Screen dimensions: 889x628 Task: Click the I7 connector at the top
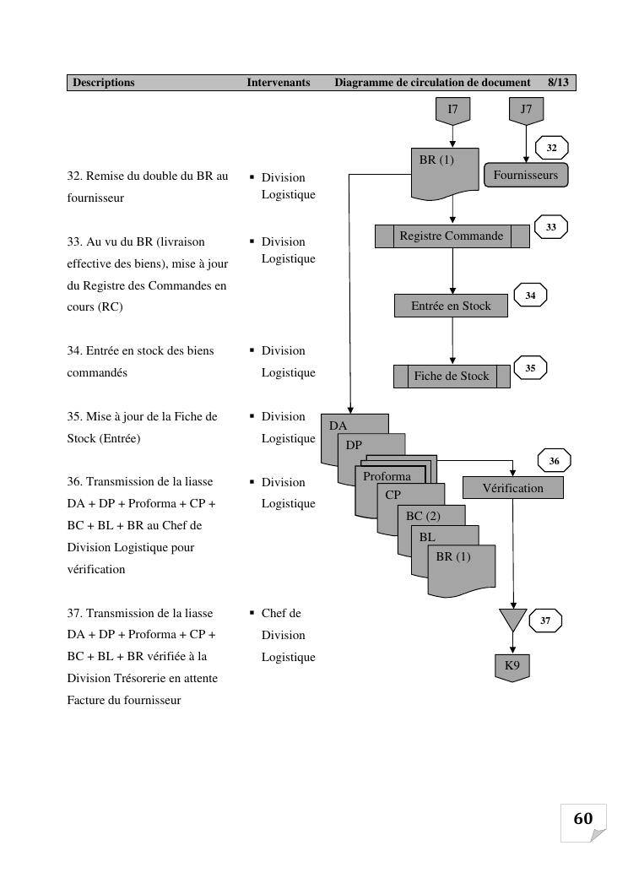point(452,110)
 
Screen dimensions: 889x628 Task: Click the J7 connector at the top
point(526,110)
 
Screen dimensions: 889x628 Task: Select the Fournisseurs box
point(526,176)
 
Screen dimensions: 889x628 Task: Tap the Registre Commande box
point(452,236)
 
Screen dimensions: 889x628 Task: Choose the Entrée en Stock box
point(451,306)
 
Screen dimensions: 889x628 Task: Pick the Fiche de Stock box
point(452,377)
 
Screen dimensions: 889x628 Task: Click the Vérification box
point(513,488)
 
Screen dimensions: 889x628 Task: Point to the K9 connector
point(512,666)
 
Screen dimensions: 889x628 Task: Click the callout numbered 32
point(551,149)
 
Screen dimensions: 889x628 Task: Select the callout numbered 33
point(551,227)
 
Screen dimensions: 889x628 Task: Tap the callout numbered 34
point(530,296)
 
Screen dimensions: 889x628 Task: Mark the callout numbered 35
point(530,369)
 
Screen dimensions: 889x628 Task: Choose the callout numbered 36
point(554,462)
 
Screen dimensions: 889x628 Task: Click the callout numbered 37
point(545,621)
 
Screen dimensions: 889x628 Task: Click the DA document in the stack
point(338,426)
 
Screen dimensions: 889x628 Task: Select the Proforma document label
point(387,477)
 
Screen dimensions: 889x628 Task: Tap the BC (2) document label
point(423,516)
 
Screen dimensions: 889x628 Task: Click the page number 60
point(583,819)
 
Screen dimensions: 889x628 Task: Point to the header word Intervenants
point(279,83)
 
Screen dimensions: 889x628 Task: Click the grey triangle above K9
point(512,618)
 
